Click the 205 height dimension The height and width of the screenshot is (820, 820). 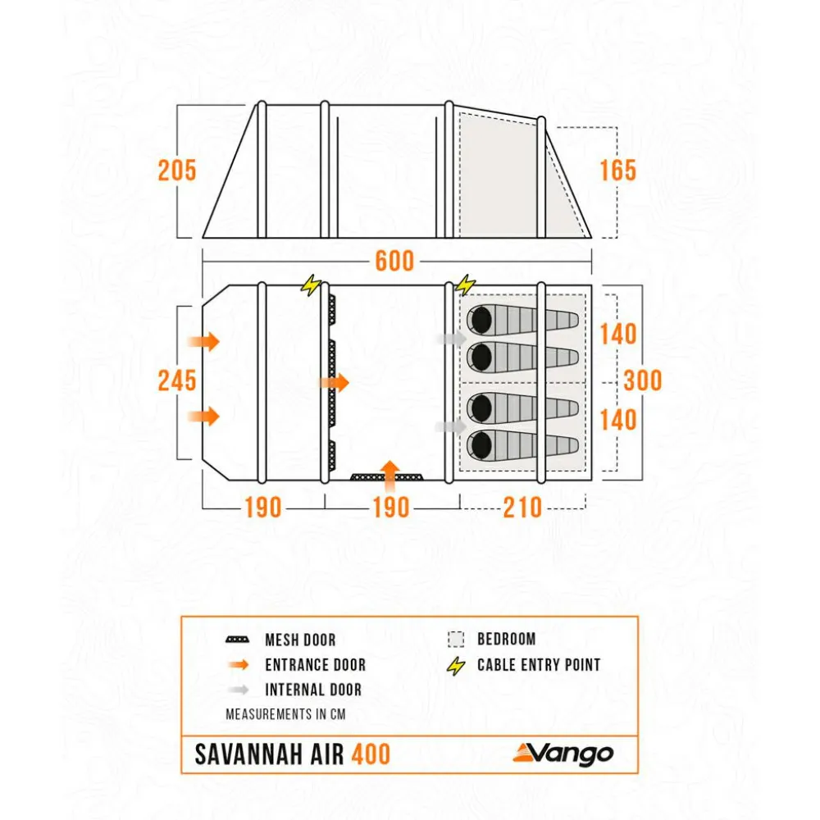(x=177, y=171)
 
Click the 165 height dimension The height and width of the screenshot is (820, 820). (x=617, y=171)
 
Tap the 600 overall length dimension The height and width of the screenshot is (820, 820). (x=394, y=261)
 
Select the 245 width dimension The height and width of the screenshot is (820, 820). (x=177, y=380)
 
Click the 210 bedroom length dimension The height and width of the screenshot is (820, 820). (x=522, y=508)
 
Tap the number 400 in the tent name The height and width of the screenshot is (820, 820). (x=371, y=754)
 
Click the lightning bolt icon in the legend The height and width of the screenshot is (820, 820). (x=456, y=665)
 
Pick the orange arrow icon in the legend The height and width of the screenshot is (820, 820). (x=239, y=665)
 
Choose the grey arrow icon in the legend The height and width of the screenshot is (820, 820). (x=239, y=690)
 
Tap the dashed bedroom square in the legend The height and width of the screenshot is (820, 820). (x=456, y=640)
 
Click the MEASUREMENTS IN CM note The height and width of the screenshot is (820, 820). (x=285, y=714)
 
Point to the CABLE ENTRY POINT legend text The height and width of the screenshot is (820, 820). (x=539, y=665)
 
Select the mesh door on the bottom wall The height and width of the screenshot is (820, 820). (x=386, y=477)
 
